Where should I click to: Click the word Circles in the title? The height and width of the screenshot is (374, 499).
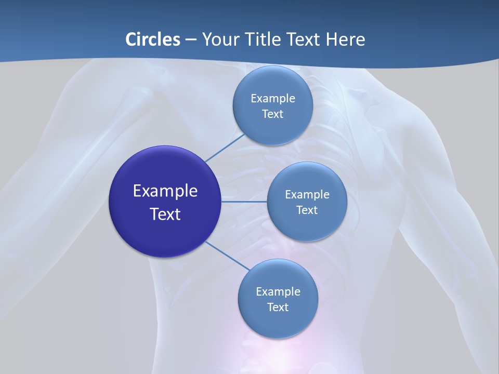click(153, 39)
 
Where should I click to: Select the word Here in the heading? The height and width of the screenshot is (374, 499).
click(345, 39)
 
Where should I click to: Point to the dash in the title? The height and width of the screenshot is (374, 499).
click(191, 40)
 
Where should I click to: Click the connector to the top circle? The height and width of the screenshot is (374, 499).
click(225, 147)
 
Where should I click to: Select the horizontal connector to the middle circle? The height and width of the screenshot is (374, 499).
click(244, 202)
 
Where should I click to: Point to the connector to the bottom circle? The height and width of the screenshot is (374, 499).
click(228, 255)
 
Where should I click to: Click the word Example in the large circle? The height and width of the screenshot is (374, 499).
click(165, 191)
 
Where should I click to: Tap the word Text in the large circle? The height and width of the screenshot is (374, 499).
click(165, 214)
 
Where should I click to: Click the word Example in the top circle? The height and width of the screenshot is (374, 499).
click(273, 98)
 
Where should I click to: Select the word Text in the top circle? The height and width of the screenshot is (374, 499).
click(272, 114)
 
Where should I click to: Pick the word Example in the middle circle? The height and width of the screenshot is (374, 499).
click(307, 194)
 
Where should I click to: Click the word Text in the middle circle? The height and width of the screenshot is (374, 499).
click(307, 210)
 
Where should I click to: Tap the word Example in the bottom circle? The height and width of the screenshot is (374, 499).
click(278, 291)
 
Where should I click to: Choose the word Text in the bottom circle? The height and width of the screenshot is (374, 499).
click(278, 307)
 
